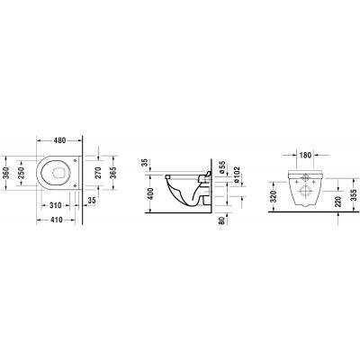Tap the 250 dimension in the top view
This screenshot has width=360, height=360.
pos(22,177)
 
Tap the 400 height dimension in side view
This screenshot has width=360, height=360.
pos(144,193)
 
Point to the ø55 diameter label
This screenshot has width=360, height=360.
pos(220,167)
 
